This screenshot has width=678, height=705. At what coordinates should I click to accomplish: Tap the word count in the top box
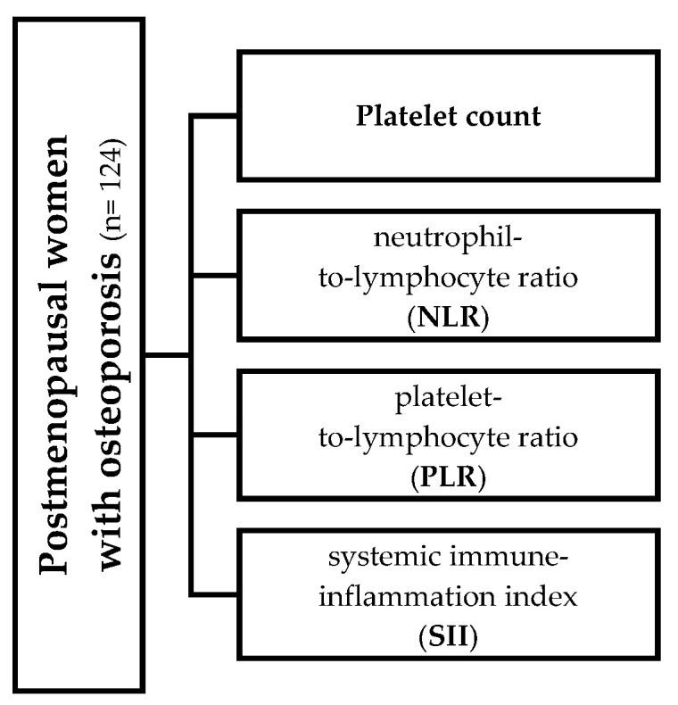[505, 118]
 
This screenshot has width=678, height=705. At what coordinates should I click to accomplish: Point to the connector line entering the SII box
[214, 594]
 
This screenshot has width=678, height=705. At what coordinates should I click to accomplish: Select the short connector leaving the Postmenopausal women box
[168, 356]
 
